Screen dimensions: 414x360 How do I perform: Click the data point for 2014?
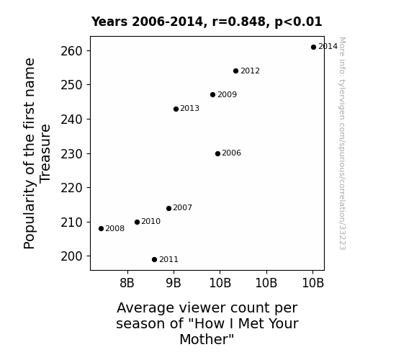click(x=313, y=48)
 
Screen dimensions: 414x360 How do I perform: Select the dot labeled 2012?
click(x=235, y=71)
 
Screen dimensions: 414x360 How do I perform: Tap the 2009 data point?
click(x=213, y=95)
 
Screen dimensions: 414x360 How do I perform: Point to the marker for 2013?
click(x=176, y=109)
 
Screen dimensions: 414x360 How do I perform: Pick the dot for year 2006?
click(x=217, y=153)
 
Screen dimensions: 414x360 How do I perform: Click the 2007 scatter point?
click(x=169, y=208)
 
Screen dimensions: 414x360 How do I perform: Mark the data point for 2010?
click(x=137, y=222)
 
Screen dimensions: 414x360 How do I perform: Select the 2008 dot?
click(x=101, y=229)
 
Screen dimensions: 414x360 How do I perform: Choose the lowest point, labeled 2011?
click(x=155, y=260)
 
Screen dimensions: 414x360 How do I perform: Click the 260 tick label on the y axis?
click(x=72, y=51)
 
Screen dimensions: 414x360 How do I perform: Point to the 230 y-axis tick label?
click(x=72, y=154)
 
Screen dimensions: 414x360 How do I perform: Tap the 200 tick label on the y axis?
click(x=72, y=256)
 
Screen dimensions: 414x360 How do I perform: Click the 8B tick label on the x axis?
click(x=127, y=283)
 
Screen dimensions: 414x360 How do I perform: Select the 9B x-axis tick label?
click(x=174, y=283)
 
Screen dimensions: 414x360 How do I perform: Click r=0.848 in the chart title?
click(x=239, y=22)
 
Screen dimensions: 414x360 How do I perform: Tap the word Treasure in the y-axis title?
click(x=45, y=153)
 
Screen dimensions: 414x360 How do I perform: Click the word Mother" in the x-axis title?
click(x=207, y=339)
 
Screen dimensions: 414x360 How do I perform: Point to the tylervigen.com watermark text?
click(x=342, y=144)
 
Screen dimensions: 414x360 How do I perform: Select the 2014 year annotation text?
click(x=328, y=47)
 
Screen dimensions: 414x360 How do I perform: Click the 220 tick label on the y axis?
click(x=72, y=188)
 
